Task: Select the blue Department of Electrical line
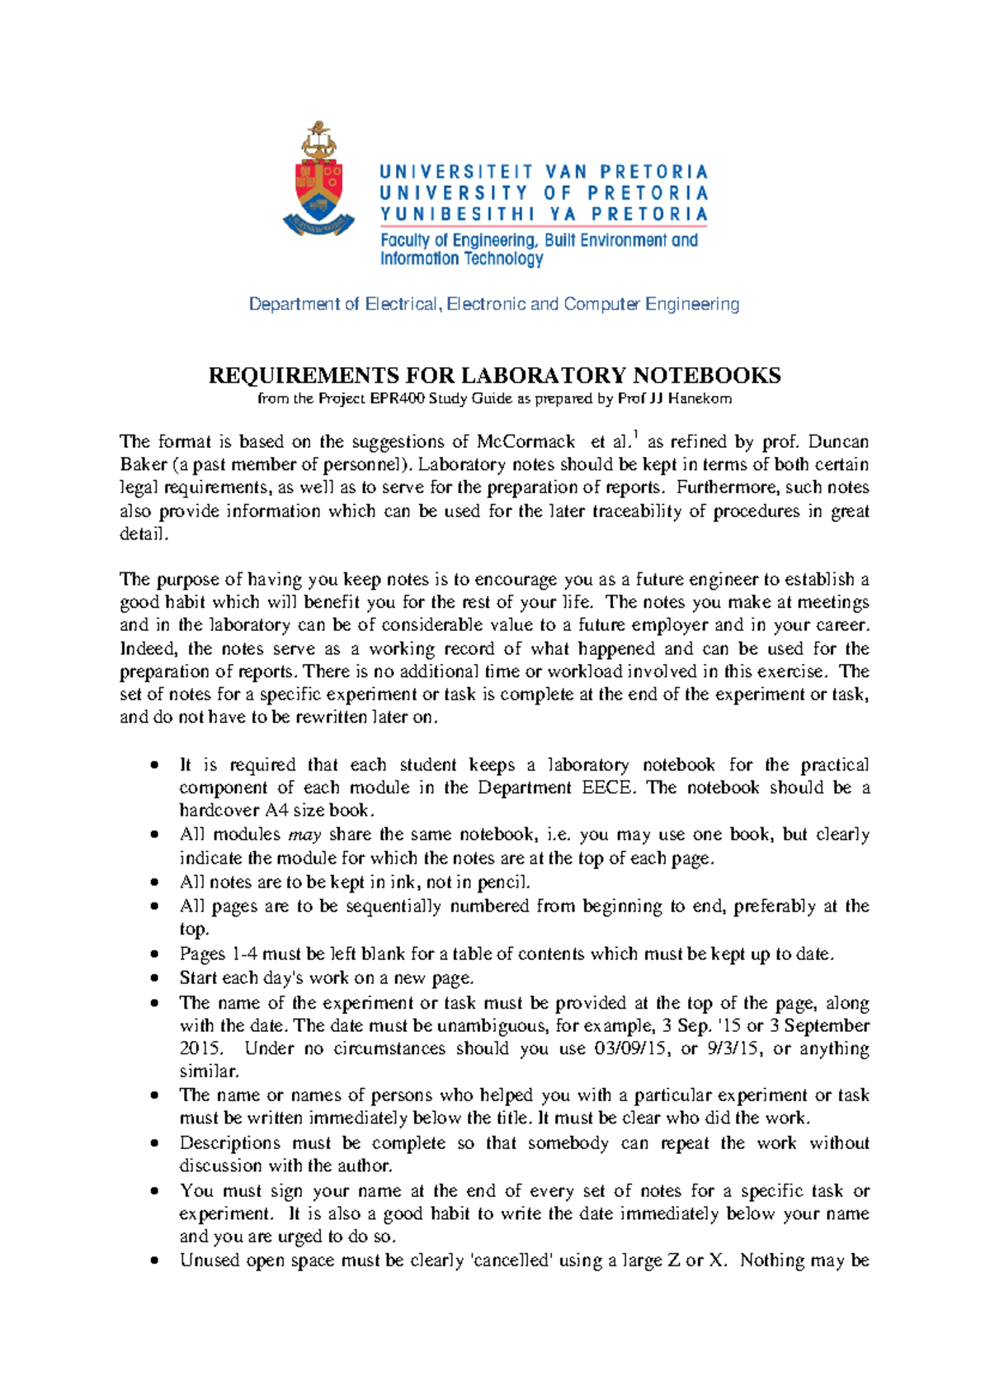(x=494, y=304)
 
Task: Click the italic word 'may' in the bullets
(x=304, y=835)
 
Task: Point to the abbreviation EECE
(x=609, y=788)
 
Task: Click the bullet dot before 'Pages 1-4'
(x=153, y=954)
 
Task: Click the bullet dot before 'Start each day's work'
(x=153, y=978)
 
